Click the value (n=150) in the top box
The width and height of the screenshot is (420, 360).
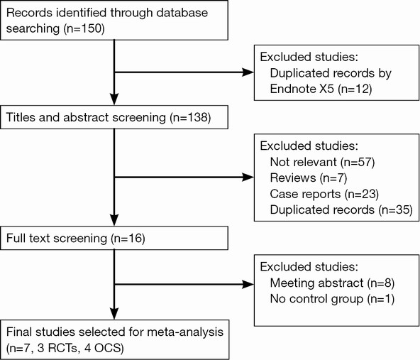pyautogui.click(x=84, y=28)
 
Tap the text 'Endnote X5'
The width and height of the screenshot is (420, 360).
pyautogui.click(x=302, y=89)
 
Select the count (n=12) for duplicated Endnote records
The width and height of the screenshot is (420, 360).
pyautogui.click(x=355, y=89)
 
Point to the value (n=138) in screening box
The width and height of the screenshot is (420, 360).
pyautogui.click(x=190, y=117)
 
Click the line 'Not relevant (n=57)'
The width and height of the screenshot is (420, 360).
pyautogui.click(x=322, y=162)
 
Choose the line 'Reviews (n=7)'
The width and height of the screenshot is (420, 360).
pyautogui.click(x=309, y=178)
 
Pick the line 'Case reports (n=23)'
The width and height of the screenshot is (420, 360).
pyautogui.click(x=324, y=194)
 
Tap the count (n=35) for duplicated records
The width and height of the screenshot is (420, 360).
pyautogui.click(x=396, y=210)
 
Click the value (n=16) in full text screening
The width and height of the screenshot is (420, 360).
pyautogui.click(x=128, y=239)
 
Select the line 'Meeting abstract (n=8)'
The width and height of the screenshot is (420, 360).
pyautogui.click(x=332, y=283)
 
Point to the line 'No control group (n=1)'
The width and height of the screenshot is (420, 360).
pyautogui.click(x=332, y=299)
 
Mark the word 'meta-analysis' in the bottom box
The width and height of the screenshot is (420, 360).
pyautogui.click(x=185, y=332)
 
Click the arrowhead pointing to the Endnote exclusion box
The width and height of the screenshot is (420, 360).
pyautogui.click(x=248, y=72)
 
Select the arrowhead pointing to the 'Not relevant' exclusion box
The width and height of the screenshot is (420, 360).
pyautogui.click(x=248, y=178)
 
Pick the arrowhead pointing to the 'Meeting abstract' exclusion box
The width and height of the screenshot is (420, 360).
pyautogui.click(x=248, y=285)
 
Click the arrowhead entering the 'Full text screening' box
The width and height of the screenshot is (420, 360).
pyautogui.click(x=114, y=220)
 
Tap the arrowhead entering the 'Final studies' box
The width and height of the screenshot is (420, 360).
pyautogui.click(x=114, y=314)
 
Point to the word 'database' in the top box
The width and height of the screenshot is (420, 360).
pyautogui.click(x=182, y=13)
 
